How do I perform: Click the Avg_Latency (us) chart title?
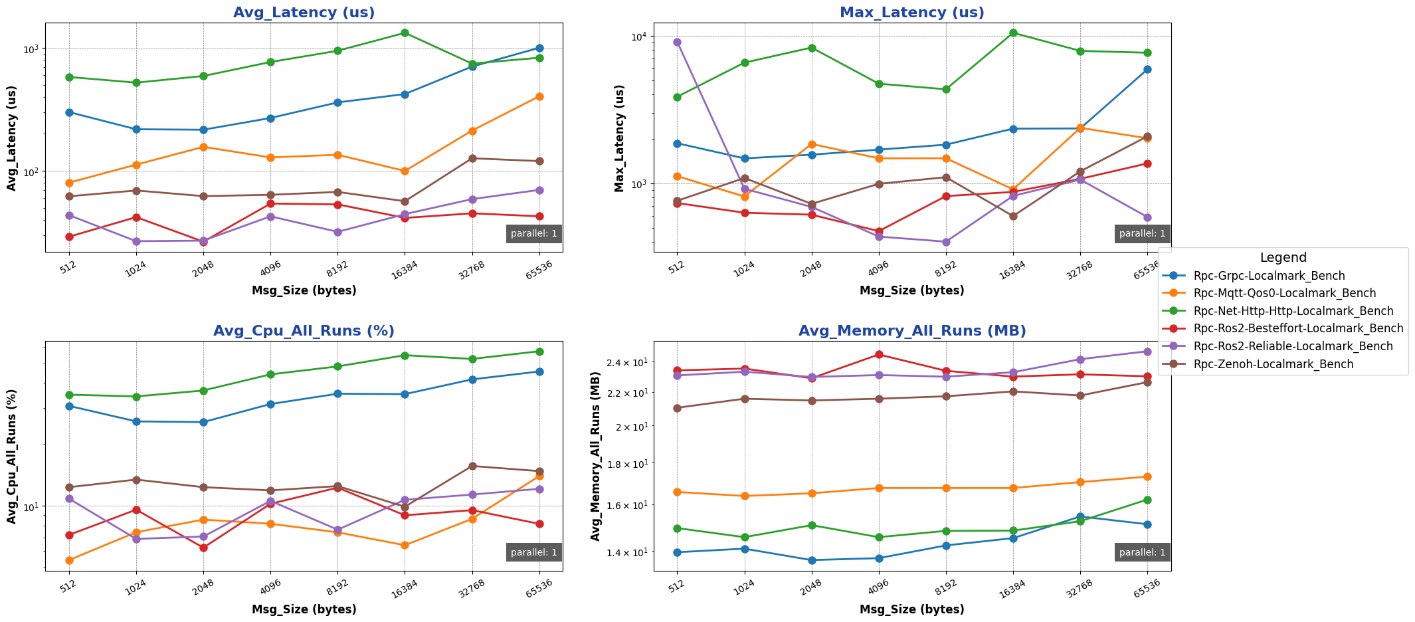point(304,13)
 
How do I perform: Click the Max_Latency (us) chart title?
point(911,13)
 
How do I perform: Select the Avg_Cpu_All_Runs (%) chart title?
point(304,331)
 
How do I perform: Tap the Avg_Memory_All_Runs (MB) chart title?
point(911,331)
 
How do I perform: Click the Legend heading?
point(1283,258)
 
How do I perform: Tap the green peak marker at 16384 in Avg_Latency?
point(405,33)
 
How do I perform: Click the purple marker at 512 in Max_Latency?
point(677,42)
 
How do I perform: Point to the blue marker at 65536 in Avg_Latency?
point(539,48)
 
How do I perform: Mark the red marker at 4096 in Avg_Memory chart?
point(879,354)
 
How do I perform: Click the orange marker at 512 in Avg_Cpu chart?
point(69,560)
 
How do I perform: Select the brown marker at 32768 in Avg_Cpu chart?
point(472,466)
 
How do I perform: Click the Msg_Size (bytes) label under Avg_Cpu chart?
point(304,609)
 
